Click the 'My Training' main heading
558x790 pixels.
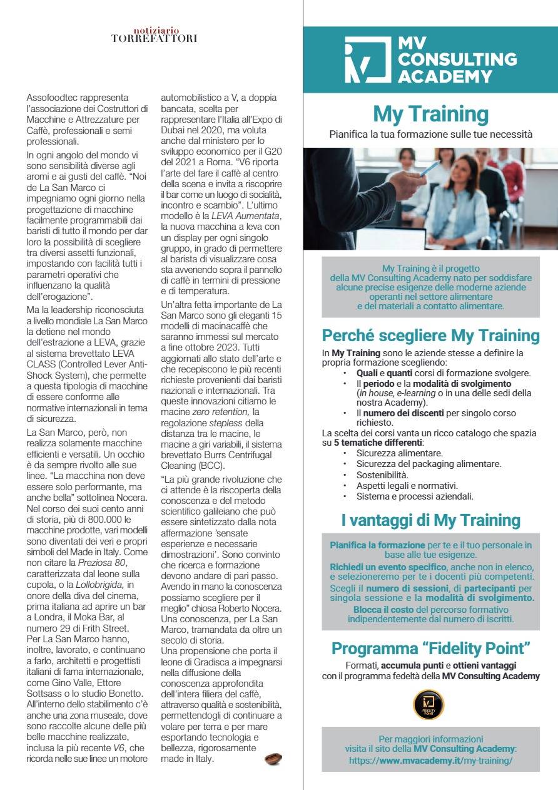pyautogui.click(x=430, y=115)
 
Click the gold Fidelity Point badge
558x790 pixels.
pyautogui.click(x=429, y=704)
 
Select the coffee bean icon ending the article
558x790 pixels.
pyautogui.click(x=273, y=759)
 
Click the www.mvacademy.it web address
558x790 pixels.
pyautogui.click(x=430, y=760)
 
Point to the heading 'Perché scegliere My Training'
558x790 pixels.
pyautogui.click(x=430, y=336)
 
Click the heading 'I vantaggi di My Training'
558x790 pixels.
pyautogui.click(x=430, y=520)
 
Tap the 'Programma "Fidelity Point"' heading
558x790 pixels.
pyautogui.click(x=430, y=648)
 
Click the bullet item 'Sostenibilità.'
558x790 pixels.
pyautogui.click(x=383, y=475)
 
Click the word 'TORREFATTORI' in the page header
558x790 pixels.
pyautogui.click(x=154, y=39)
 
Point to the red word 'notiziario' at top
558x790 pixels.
pyautogui.click(x=156, y=30)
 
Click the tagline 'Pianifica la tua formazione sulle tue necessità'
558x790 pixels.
pyautogui.click(x=430, y=134)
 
